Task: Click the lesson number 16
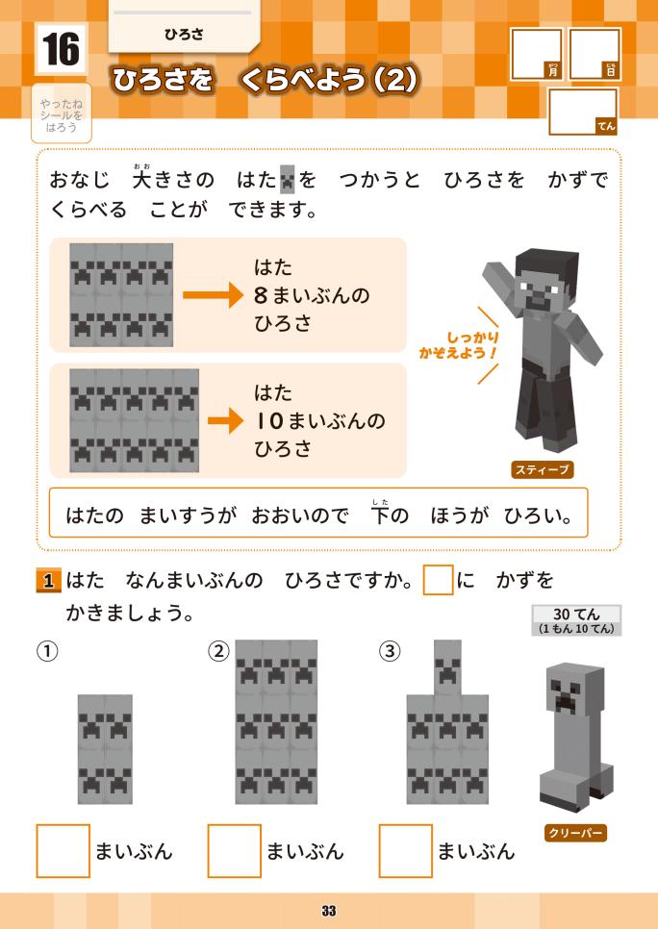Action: (x=61, y=49)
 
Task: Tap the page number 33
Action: (x=329, y=911)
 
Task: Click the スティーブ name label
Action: (x=542, y=470)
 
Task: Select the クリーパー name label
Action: (x=575, y=833)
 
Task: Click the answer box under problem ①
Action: (x=63, y=851)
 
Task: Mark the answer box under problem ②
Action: (x=234, y=851)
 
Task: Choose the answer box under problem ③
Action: (x=405, y=851)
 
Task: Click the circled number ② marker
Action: (x=218, y=651)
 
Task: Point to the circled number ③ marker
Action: (x=390, y=651)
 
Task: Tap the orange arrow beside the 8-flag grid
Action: (x=213, y=294)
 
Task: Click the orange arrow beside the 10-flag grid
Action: (x=225, y=420)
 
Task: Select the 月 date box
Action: (x=537, y=54)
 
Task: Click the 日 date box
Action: (x=594, y=54)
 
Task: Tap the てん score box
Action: (x=583, y=112)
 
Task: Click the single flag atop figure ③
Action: (x=447, y=667)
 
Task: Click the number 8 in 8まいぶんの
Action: (x=261, y=295)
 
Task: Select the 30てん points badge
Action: (x=576, y=620)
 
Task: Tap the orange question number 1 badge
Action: (x=48, y=581)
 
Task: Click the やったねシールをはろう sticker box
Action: (x=61, y=113)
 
